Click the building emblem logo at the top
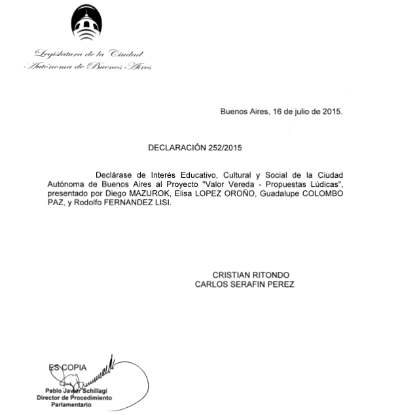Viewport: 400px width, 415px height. pyautogui.click(x=84, y=24)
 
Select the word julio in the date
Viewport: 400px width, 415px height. pyautogui.click(x=294, y=111)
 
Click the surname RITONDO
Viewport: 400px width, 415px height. pyautogui.click(x=270, y=275)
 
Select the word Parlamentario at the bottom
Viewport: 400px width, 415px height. pyautogui.click(x=71, y=405)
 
